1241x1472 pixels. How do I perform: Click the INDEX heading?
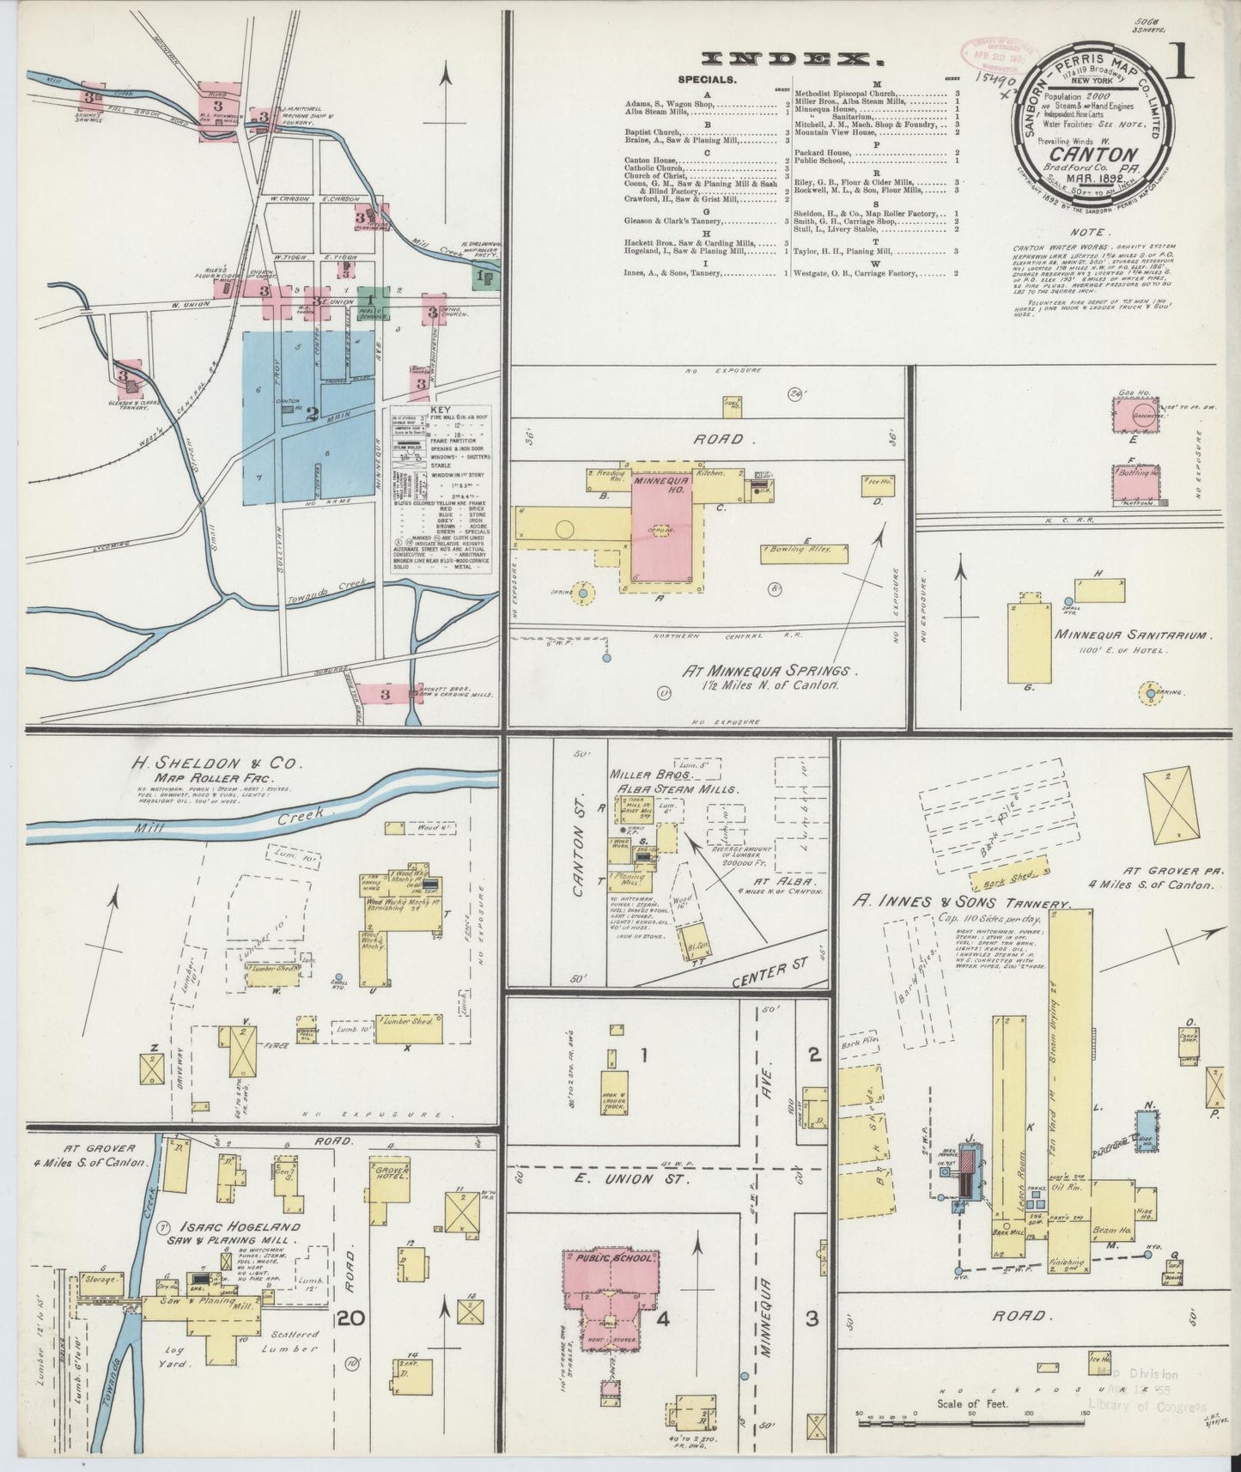click(792, 59)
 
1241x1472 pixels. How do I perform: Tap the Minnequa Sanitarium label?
click(1132, 636)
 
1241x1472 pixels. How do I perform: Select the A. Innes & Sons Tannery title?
click(962, 903)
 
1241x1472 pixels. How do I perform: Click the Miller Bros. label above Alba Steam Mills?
click(641, 774)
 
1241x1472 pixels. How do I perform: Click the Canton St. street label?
click(581, 867)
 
